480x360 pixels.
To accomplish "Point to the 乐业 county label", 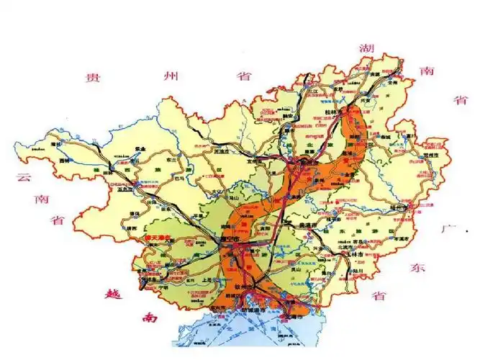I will tap(141, 149).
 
